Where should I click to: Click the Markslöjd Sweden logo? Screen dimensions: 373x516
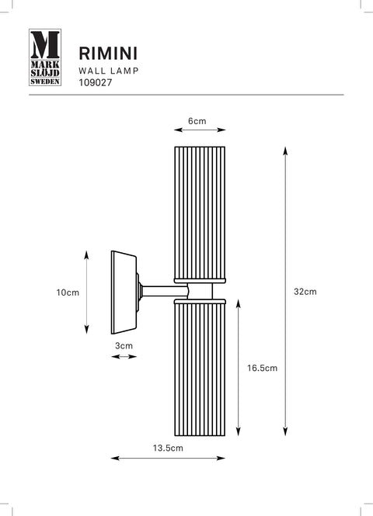45,57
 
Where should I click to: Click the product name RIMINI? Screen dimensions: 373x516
108,54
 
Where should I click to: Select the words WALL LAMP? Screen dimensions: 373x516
109,71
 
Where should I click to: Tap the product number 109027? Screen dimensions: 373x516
96,82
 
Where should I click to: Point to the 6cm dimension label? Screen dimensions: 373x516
197,121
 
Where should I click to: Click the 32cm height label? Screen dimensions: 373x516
305,292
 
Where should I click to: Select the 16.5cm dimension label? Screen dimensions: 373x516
263,368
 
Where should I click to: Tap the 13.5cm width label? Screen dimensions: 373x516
168,448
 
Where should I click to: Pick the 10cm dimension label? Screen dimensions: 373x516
68,293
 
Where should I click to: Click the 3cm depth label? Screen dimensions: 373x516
124,346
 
